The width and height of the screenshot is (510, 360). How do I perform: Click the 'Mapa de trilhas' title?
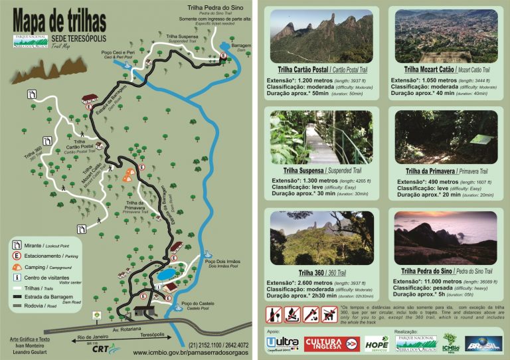click(x=52, y=16)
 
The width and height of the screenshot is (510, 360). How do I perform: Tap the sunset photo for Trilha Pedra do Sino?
click(x=445, y=237)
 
